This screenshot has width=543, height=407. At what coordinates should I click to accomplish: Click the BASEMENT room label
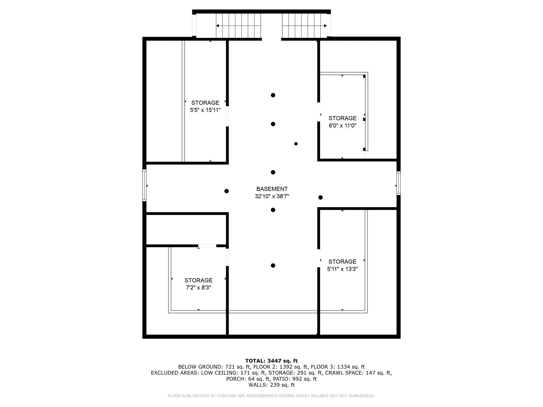tap(272, 189)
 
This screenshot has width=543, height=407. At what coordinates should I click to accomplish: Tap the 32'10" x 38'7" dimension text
tap(272, 196)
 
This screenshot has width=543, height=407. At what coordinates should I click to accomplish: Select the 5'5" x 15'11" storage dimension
tap(205, 110)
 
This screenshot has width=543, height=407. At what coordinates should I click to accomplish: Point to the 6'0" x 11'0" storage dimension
tap(342, 125)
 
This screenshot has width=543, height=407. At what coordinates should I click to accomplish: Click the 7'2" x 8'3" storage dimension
tap(198, 288)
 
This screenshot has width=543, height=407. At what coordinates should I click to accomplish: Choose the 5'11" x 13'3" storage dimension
tap(342, 269)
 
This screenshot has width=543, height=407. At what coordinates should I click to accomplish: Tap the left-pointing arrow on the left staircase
tap(238, 26)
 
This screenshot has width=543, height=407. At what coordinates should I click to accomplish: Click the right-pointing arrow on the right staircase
tap(304, 26)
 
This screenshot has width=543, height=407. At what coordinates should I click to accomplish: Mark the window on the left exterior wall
tap(144, 185)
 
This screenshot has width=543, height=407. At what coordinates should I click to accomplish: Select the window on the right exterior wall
tap(399, 183)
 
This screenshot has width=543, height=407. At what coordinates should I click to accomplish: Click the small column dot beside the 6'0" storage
tap(296, 144)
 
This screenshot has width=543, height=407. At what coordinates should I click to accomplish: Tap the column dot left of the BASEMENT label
tap(227, 191)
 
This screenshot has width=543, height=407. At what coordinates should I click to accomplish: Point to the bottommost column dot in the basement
tap(273, 266)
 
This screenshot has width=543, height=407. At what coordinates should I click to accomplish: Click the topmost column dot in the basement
tap(273, 95)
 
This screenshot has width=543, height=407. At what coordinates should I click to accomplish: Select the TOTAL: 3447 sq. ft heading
tap(271, 361)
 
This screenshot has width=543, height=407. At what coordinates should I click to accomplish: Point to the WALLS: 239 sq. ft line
tap(271, 385)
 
